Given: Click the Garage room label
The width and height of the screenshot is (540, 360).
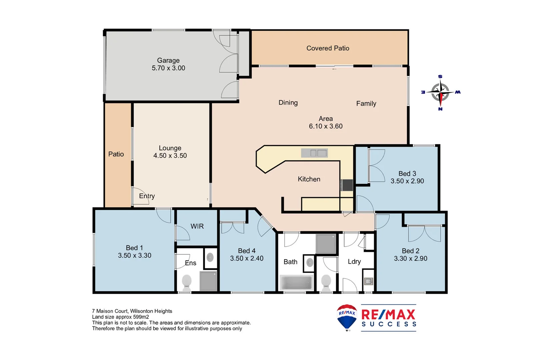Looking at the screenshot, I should (x=168, y=60).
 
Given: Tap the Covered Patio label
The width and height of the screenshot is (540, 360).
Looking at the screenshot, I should (x=328, y=48).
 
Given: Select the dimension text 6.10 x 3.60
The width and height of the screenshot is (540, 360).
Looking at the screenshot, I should (x=326, y=126).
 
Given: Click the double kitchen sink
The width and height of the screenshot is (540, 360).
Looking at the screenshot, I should (x=315, y=153).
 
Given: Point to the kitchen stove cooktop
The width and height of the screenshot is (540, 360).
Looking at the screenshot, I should (x=347, y=185).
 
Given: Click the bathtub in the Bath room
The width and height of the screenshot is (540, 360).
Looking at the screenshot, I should (x=296, y=283).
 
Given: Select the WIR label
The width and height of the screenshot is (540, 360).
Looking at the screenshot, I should (x=197, y=226).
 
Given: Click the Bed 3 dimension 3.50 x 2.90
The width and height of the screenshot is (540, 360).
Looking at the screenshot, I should (x=407, y=181).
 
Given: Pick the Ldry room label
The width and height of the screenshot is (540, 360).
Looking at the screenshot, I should (x=354, y=262).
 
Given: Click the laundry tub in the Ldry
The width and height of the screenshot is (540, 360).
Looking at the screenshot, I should (x=368, y=282).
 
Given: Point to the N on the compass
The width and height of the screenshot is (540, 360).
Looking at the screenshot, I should (x=440, y=109).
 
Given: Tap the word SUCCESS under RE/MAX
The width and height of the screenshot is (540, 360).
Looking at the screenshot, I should (x=389, y=324).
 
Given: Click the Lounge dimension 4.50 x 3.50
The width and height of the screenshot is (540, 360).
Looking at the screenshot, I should (x=170, y=156).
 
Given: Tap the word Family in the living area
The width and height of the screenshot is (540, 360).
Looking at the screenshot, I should (x=366, y=104).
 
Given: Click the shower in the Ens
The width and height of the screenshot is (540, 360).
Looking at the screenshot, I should (x=208, y=281).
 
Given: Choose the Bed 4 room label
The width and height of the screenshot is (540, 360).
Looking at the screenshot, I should (x=247, y=251).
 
